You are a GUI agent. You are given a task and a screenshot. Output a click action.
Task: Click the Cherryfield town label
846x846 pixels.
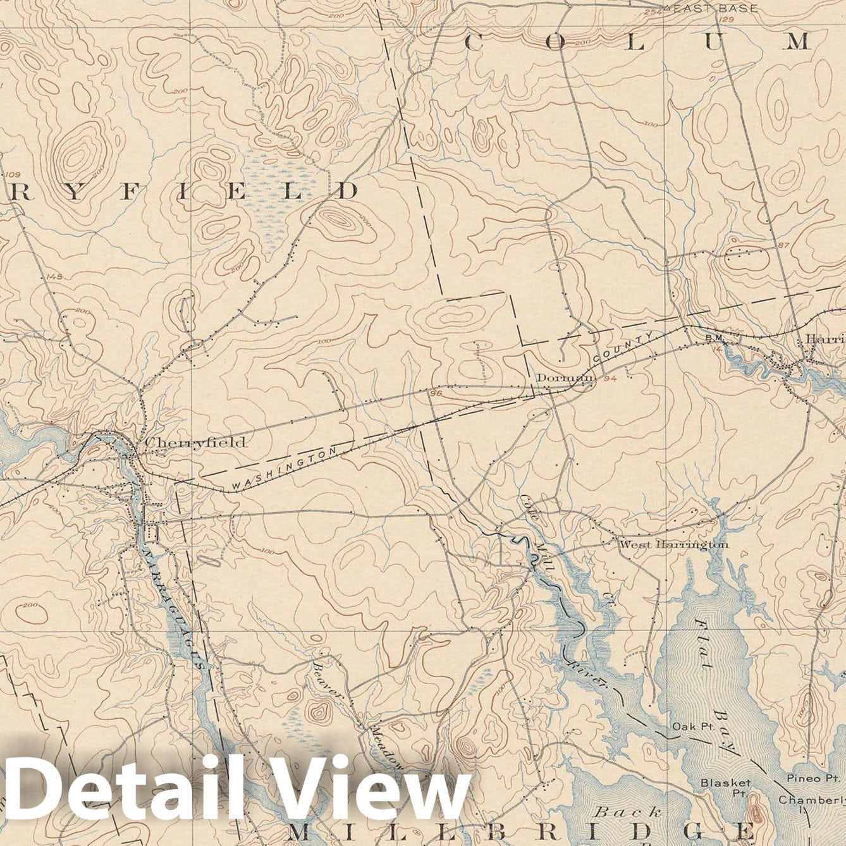coord(195,443)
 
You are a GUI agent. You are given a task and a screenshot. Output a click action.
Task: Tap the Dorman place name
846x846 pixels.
coord(565,377)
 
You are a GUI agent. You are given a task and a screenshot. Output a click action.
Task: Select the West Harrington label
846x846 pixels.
coord(673,544)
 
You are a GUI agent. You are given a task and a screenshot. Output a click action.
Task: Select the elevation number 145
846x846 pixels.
coord(55,277)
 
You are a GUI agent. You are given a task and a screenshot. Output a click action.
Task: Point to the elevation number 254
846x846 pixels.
coord(652,13)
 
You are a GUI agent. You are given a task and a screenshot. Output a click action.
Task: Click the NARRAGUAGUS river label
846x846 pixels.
coord(175,607)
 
